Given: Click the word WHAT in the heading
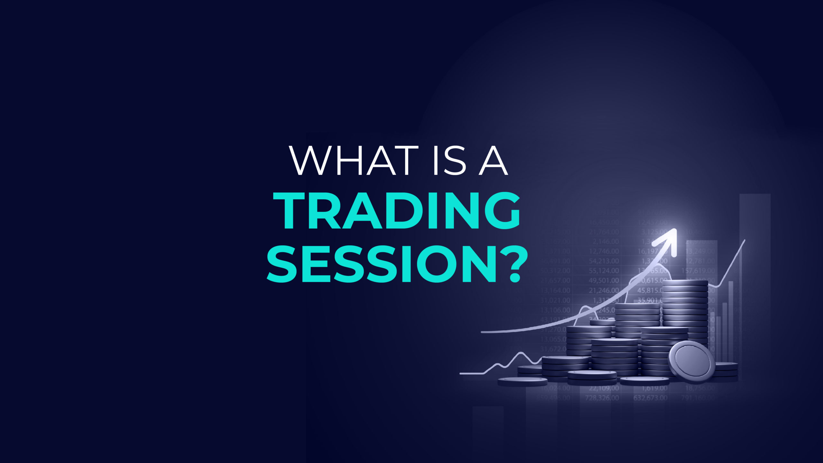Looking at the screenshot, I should [354, 161].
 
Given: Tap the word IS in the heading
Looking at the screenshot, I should [450, 161].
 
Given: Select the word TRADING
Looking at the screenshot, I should [397, 211].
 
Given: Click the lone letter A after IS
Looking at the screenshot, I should [493, 161].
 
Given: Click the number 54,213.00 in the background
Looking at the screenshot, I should [604, 261].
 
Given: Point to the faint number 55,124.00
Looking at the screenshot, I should [604, 271].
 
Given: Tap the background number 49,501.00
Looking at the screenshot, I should [604, 280].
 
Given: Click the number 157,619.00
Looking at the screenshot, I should [698, 271].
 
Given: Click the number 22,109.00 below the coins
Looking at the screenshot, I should [604, 388].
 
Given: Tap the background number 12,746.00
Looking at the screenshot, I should [604, 251].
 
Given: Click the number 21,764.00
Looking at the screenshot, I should [604, 232].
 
